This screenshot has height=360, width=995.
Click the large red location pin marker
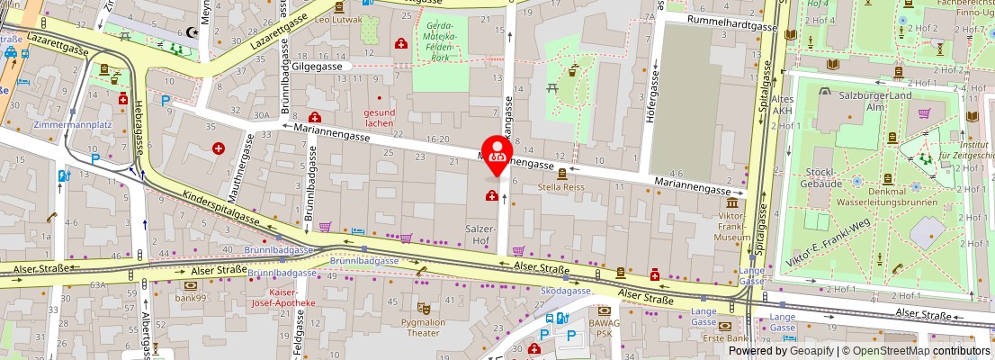(497, 155)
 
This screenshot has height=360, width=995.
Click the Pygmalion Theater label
(424, 327)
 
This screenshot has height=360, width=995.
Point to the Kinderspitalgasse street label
(220, 207)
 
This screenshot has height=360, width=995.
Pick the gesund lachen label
(379, 117)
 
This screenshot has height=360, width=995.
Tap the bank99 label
(191, 297)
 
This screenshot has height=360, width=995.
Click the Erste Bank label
(726, 337)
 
